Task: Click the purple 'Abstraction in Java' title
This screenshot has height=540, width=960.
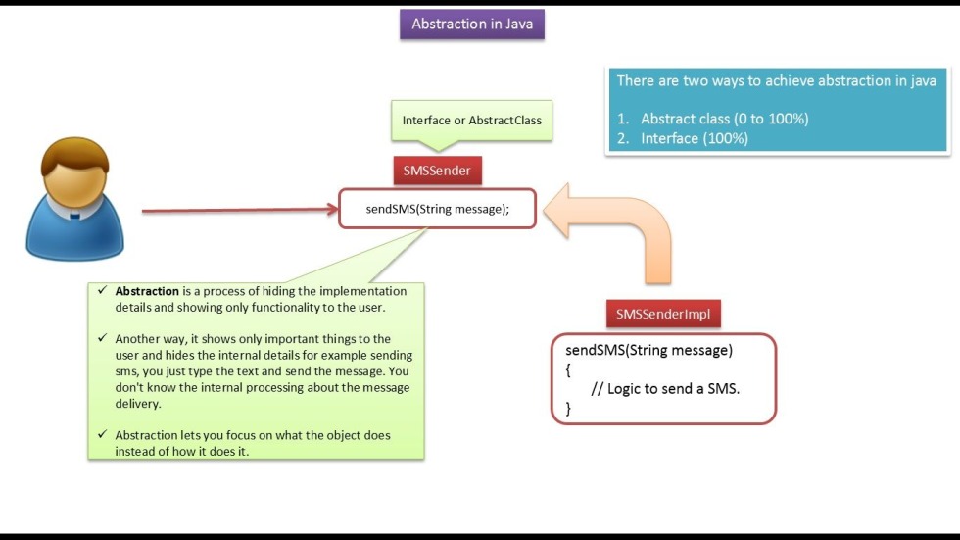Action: (x=472, y=25)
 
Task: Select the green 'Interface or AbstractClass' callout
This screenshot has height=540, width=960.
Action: (x=471, y=121)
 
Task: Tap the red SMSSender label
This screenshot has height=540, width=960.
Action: (x=437, y=171)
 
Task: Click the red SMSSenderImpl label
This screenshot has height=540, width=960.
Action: (x=663, y=315)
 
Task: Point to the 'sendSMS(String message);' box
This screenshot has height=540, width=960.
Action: (x=438, y=209)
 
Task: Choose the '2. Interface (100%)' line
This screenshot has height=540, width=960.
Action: (x=694, y=138)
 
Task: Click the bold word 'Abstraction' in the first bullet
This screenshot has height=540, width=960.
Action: (x=147, y=291)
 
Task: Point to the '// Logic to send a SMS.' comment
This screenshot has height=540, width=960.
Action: (x=665, y=388)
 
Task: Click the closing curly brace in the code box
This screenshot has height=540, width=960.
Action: (x=568, y=409)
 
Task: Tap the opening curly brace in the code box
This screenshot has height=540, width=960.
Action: (x=568, y=369)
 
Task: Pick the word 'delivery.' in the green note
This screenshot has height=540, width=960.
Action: (x=138, y=404)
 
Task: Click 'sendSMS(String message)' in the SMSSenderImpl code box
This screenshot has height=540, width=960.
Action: (x=648, y=350)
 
